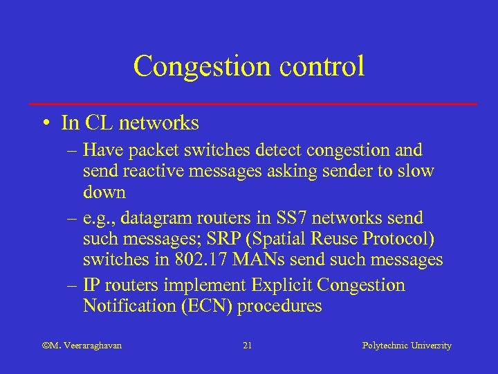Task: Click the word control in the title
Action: point(320,66)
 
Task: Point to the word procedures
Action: point(279,306)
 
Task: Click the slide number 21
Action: point(248,345)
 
